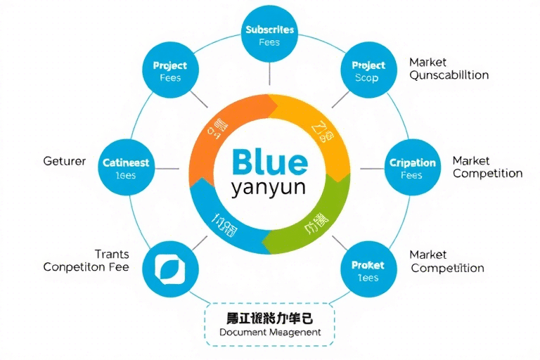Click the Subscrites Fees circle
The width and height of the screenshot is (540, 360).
(x=269, y=35)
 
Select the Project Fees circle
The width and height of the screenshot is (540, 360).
(x=170, y=71)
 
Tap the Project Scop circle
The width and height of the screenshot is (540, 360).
(x=368, y=71)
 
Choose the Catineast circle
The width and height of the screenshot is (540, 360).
(x=126, y=169)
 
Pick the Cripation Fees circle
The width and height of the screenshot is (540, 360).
(x=413, y=169)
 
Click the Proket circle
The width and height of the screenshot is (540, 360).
(x=368, y=270)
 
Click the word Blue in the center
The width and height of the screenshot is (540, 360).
(x=269, y=161)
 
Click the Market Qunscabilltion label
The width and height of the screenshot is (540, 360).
(x=449, y=69)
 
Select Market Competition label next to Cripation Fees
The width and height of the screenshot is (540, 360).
(x=487, y=167)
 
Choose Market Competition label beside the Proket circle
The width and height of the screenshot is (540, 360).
(x=447, y=262)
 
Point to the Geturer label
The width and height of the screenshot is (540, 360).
(x=65, y=161)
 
